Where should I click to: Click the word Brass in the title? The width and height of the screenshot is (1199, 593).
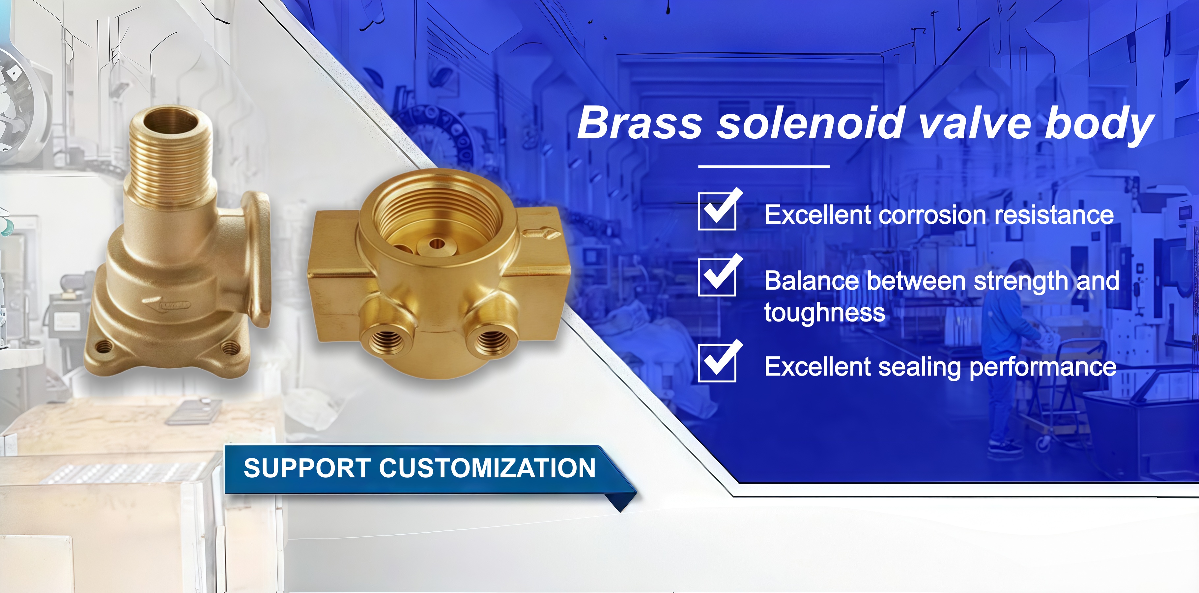(640, 123)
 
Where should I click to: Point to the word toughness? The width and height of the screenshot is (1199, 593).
(824, 312)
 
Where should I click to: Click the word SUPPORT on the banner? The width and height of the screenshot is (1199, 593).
(307, 468)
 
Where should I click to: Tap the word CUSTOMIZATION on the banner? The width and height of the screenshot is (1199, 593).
(487, 468)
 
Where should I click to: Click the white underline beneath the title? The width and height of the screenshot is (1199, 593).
(764, 166)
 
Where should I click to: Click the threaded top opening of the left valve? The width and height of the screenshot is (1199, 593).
(170, 120)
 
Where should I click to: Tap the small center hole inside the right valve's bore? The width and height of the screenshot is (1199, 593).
(437, 244)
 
